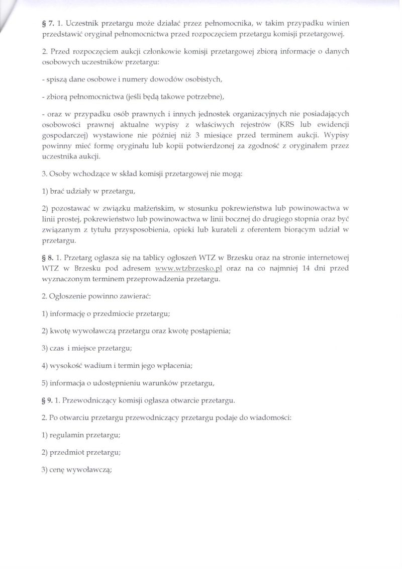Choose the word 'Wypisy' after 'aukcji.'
(336, 135)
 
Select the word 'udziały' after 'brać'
(84, 191)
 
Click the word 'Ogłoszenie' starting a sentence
(69, 296)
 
